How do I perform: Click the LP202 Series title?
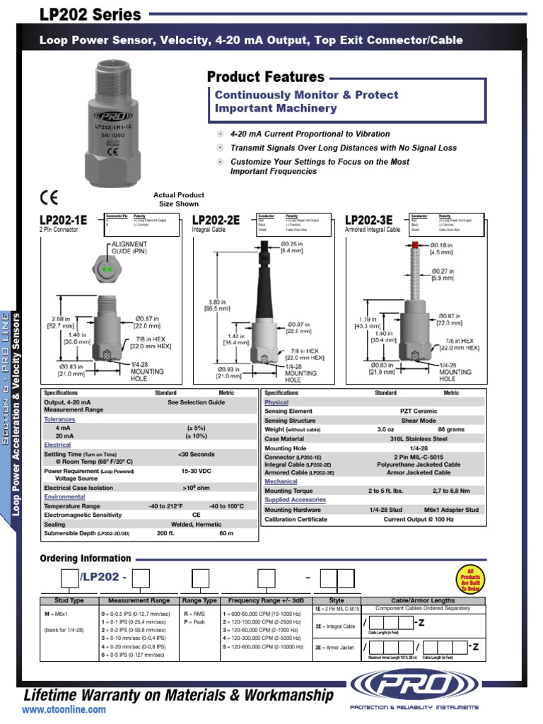(90, 15)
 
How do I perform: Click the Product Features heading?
(266, 77)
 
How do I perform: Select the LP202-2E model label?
(216, 221)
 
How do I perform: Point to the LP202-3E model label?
(368, 221)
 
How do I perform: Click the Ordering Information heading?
(85, 559)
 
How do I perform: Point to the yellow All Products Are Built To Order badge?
(469, 578)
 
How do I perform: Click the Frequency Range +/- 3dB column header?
(266, 600)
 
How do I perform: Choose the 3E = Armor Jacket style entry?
(334, 647)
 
